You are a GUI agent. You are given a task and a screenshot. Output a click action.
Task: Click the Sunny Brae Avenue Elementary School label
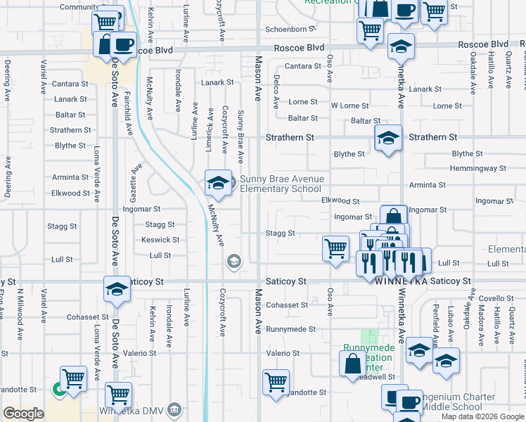coord(282,184)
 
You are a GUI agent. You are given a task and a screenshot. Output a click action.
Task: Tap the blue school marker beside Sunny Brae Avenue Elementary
coord(218,184)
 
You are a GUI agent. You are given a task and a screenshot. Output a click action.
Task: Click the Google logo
coord(23,414)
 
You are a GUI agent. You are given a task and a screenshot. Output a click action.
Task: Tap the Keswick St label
coord(155,240)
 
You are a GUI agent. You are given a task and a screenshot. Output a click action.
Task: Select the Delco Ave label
coord(276,87)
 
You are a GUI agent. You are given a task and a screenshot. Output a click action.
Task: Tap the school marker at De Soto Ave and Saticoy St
coord(117,288)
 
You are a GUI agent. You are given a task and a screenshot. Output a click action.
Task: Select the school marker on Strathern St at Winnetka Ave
coord(388,138)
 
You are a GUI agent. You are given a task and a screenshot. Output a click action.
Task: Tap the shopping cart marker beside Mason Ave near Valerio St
coord(276,382)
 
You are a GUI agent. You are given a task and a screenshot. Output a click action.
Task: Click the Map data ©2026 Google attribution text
coord(482,416)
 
